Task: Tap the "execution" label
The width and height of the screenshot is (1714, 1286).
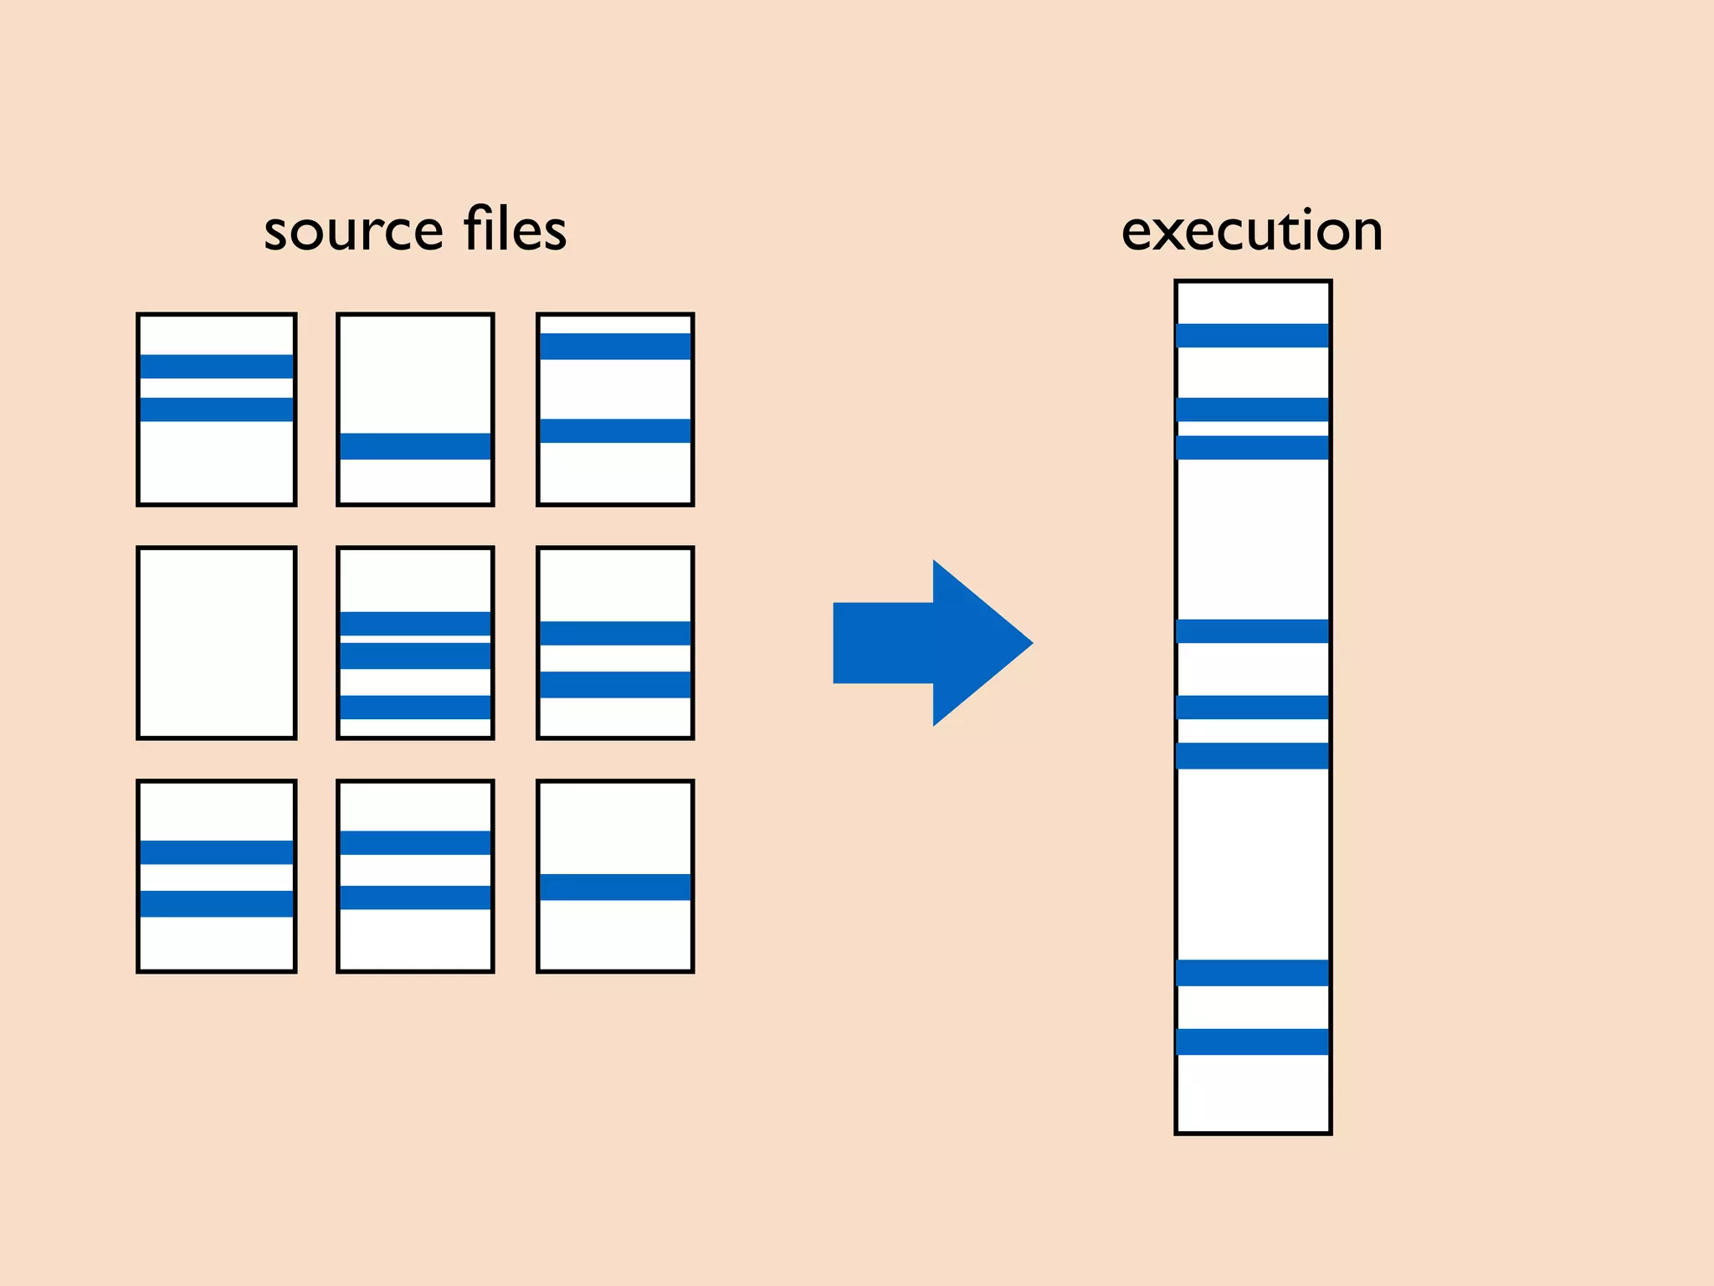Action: (1251, 230)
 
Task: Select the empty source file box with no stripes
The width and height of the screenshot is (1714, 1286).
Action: (217, 643)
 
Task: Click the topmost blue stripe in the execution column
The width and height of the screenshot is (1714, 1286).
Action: (1252, 335)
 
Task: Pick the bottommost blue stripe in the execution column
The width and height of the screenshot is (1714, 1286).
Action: (1252, 1041)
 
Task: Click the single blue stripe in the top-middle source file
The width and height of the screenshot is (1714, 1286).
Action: (415, 446)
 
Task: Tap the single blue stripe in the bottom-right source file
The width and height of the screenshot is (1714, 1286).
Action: (615, 887)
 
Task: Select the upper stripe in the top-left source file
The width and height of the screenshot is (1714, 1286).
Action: (217, 367)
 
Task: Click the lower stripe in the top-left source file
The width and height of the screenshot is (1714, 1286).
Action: (217, 409)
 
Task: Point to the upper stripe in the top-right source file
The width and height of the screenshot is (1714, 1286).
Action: (615, 347)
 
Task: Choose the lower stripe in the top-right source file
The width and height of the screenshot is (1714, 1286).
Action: (615, 430)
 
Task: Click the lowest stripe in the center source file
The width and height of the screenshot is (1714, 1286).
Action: (415, 707)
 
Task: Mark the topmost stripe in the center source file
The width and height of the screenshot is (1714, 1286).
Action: (415, 624)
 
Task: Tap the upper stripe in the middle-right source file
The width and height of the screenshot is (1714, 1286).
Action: (615, 633)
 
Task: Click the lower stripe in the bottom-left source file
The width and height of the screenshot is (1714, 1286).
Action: (217, 903)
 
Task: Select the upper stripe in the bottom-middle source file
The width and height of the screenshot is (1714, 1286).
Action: (415, 842)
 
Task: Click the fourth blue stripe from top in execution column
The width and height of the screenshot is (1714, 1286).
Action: (1252, 630)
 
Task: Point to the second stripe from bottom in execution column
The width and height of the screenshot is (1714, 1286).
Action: (1252, 972)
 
